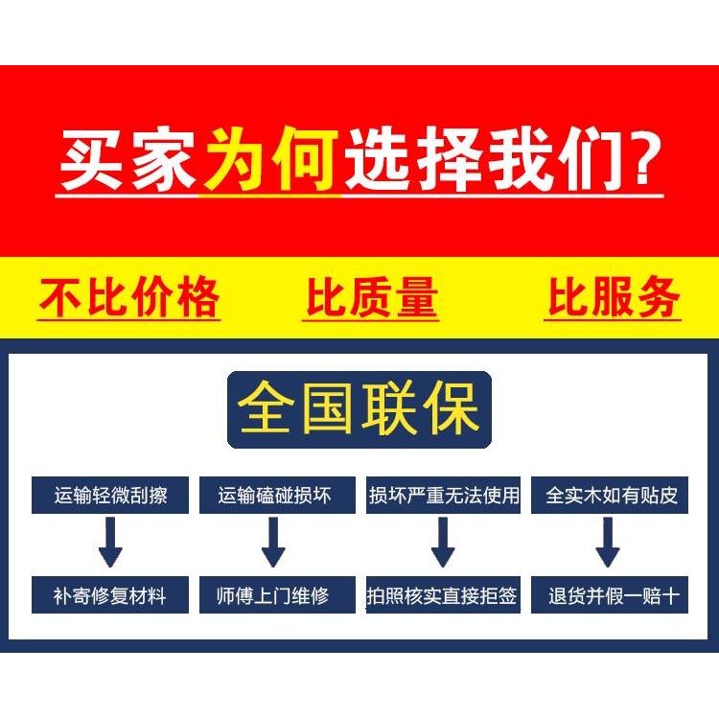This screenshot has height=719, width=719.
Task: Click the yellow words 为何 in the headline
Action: coord(270,160)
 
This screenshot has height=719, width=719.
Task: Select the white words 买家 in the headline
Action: coord(128,160)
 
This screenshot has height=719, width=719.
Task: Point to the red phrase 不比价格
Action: coord(129,297)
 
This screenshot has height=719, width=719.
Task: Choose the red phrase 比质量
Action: coord(371,297)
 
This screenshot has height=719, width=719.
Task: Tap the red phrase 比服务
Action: coord(614,297)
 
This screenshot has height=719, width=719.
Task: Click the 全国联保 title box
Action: coord(359,409)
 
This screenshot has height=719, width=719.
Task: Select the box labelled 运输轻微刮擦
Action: coord(110,496)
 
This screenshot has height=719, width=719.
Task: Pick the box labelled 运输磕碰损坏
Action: coord(274,496)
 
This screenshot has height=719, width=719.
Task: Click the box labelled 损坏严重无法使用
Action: coord(443,496)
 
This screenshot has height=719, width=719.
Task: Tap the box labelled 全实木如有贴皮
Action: coord(611,496)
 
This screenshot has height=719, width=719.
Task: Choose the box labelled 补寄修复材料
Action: coord(110,595)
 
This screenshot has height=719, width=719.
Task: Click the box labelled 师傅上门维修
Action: coord(274,595)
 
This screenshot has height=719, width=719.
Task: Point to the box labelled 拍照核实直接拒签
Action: coord(443,595)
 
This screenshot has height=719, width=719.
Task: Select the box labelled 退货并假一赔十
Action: coord(611,595)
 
